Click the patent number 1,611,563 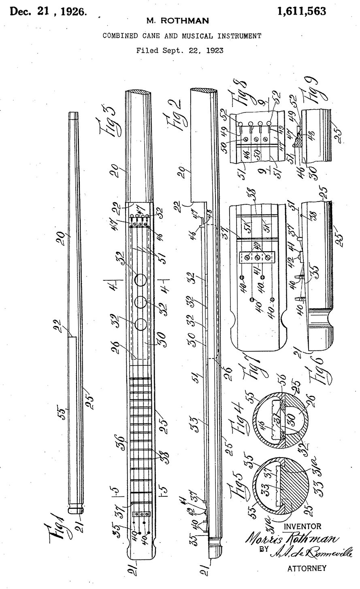pos(301,12)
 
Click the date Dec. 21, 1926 pos(48,12)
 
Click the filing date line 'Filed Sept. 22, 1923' pos(180,51)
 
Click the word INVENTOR pos(303,526)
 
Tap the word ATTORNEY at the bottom pos(306,568)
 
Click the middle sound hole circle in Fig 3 pos(141,301)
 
